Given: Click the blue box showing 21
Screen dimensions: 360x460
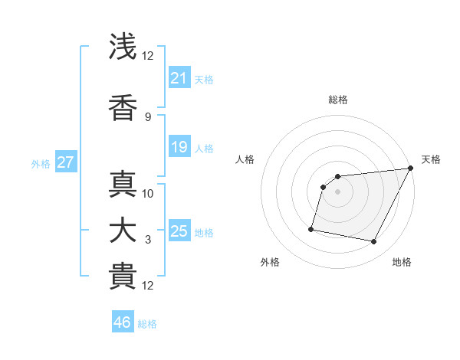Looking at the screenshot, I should (179, 78).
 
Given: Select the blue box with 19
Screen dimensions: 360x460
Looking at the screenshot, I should (179, 147).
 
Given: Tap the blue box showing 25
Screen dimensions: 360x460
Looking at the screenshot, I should (179, 231).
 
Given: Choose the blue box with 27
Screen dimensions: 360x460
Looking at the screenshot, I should (66, 162).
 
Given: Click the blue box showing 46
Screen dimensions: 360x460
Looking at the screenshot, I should (123, 322).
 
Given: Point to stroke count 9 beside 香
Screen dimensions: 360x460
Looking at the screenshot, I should (148, 116).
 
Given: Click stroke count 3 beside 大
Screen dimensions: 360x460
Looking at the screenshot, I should (148, 240).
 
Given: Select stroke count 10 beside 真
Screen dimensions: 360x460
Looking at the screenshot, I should (148, 193).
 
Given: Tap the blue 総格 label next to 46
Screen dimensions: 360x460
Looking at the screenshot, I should (147, 324).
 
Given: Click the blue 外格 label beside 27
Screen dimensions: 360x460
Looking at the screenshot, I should (41, 163).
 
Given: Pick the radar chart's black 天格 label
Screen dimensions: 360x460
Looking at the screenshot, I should (431, 159).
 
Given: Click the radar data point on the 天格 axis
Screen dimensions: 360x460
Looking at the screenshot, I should (410, 169).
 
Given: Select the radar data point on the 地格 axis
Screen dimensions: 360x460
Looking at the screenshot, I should (374, 242).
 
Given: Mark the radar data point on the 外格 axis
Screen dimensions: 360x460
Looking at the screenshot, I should (311, 228).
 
